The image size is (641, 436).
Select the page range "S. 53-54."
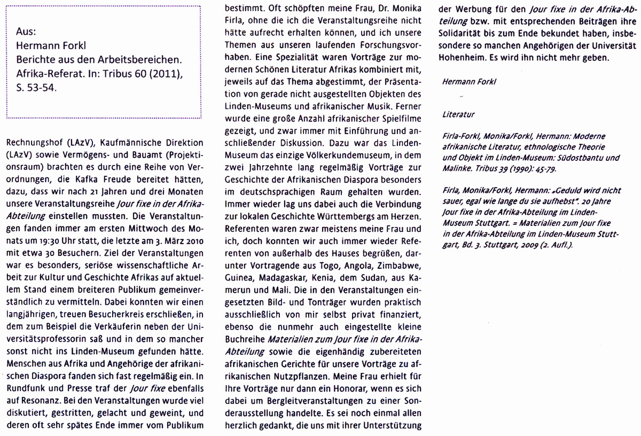tap(37, 89)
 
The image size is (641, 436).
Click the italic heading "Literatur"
tap(459, 114)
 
